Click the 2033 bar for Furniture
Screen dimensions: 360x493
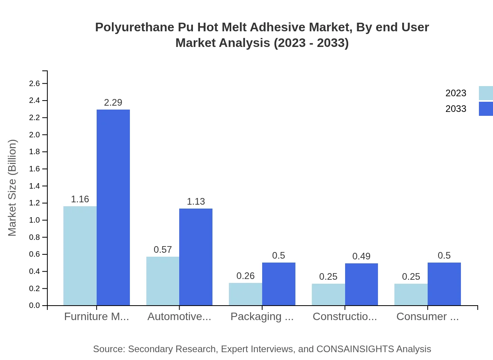click(x=113, y=207)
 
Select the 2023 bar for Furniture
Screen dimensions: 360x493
click(x=80, y=256)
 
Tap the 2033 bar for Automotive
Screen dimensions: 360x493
click(x=196, y=257)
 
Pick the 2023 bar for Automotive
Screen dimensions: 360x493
click(x=163, y=281)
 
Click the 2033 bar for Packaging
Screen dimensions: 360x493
click(x=279, y=284)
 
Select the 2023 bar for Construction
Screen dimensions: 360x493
click(x=328, y=295)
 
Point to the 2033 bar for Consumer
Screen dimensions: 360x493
click(x=444, y=284)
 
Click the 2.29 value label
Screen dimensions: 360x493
click(x=113, y=103)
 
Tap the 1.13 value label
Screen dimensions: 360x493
click(x=196, y=202)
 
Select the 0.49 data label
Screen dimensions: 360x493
click(x=361, y=256)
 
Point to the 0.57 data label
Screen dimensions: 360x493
click(x=163, y=250)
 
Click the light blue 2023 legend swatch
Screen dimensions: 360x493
click(x=486, y=93)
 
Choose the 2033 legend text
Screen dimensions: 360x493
click(x=456, y=109)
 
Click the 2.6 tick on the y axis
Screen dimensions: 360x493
click(x=34, y=83)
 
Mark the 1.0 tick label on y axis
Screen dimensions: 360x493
click(x=34, y=220)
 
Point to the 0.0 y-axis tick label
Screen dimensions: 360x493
click(x=34, y=306)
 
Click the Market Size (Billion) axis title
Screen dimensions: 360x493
click(x=13, y=188)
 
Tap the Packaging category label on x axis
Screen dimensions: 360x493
click(x=262, y=317)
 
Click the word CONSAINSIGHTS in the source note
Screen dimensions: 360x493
click(x=355, y=349)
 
